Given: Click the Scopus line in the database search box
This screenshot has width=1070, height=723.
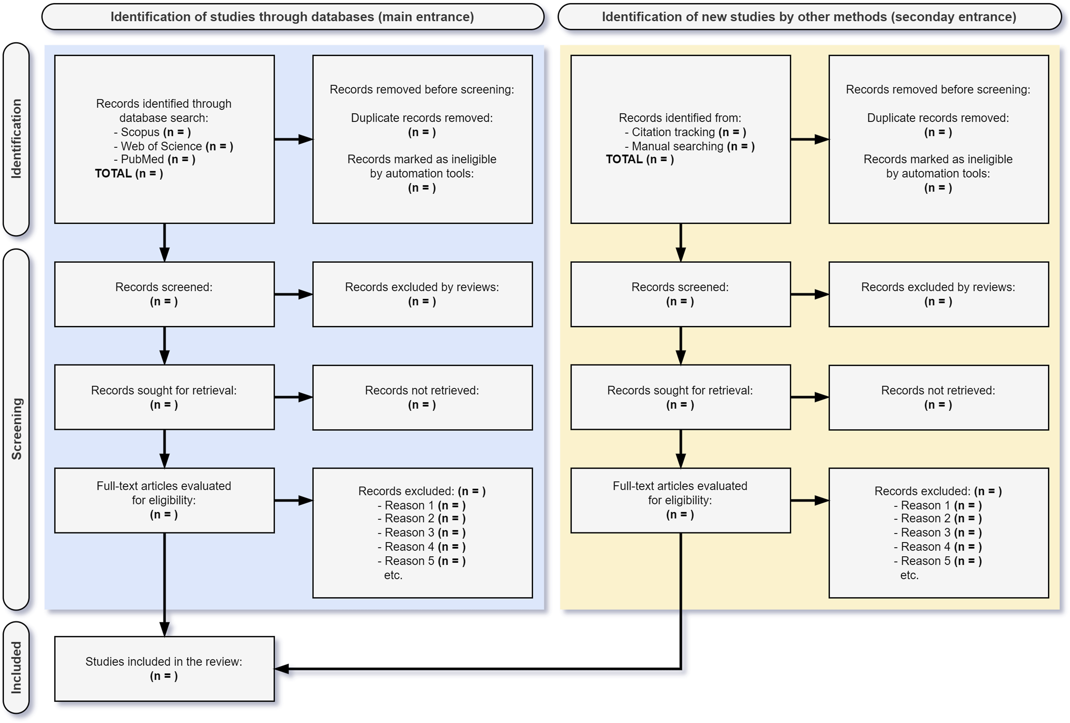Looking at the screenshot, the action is [x=152, y=132].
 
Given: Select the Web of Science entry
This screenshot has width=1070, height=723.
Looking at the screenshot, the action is [x=173, y=147].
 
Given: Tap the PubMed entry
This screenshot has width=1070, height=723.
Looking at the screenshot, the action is [x=155, y=160].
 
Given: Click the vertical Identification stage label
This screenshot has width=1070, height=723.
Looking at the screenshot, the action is [x=16, y=139].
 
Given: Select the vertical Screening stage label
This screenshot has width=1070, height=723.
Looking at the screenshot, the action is [x=16, y=429].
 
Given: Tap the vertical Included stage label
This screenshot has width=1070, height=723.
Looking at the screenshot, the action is [x=16, y=668].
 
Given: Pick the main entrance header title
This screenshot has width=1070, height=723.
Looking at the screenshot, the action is [x=292, y=17].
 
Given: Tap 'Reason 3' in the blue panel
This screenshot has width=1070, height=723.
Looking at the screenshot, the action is [x=422, y=533].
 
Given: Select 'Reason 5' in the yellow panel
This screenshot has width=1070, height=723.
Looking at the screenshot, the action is [x=938, y=561].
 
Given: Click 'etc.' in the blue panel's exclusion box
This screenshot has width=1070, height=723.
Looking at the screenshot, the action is [x=393, y=575].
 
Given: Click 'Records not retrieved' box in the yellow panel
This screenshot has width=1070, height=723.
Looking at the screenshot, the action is [x=939, y=398].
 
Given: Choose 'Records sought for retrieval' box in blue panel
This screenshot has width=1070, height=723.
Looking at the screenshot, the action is [x=164, y=397].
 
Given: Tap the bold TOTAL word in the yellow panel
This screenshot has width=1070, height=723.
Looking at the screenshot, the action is [x=624, y=160].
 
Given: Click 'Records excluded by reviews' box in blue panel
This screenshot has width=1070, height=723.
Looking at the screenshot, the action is [x=423, y=294].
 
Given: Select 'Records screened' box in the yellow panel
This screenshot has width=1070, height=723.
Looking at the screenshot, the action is [x=680, y=294].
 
